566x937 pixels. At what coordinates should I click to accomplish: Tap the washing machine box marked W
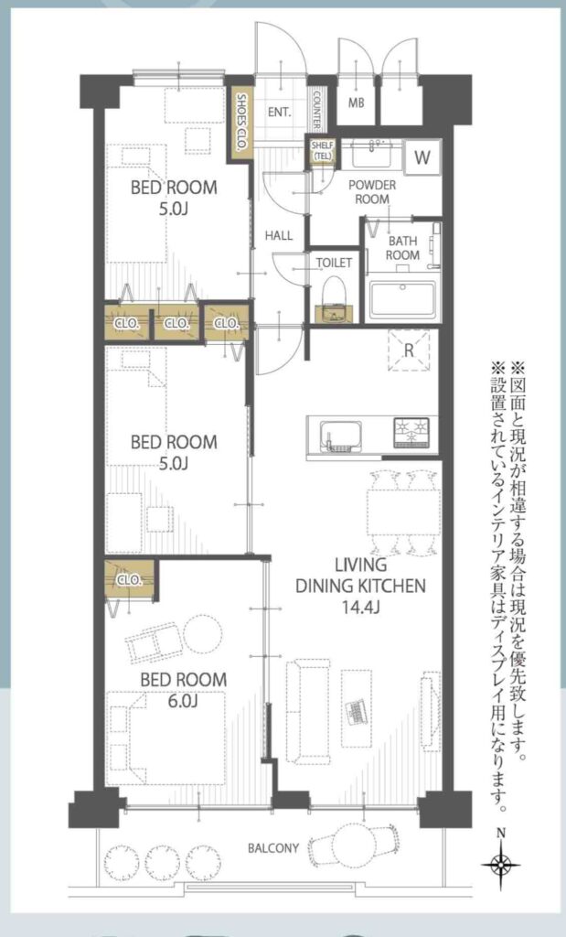point(422,157)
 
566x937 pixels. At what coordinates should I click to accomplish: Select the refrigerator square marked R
point(409,350)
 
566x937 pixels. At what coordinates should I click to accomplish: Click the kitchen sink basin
point(341,435)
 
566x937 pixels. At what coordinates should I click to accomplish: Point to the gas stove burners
point(411,432)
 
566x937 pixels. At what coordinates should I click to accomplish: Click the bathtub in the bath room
point(402,299)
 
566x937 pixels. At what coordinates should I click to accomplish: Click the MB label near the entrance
point(357,102)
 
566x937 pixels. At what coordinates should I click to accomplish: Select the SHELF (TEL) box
point(322,151)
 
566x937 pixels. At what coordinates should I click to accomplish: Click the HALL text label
point(279,235)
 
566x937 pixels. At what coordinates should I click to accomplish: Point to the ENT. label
point(280,112)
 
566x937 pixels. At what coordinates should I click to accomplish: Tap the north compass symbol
point(501,864)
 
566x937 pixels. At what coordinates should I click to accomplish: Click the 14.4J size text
point(361,608)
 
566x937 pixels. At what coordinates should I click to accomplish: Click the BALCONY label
point(273,848)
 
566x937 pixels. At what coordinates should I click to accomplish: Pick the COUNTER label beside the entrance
point(317,110)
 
